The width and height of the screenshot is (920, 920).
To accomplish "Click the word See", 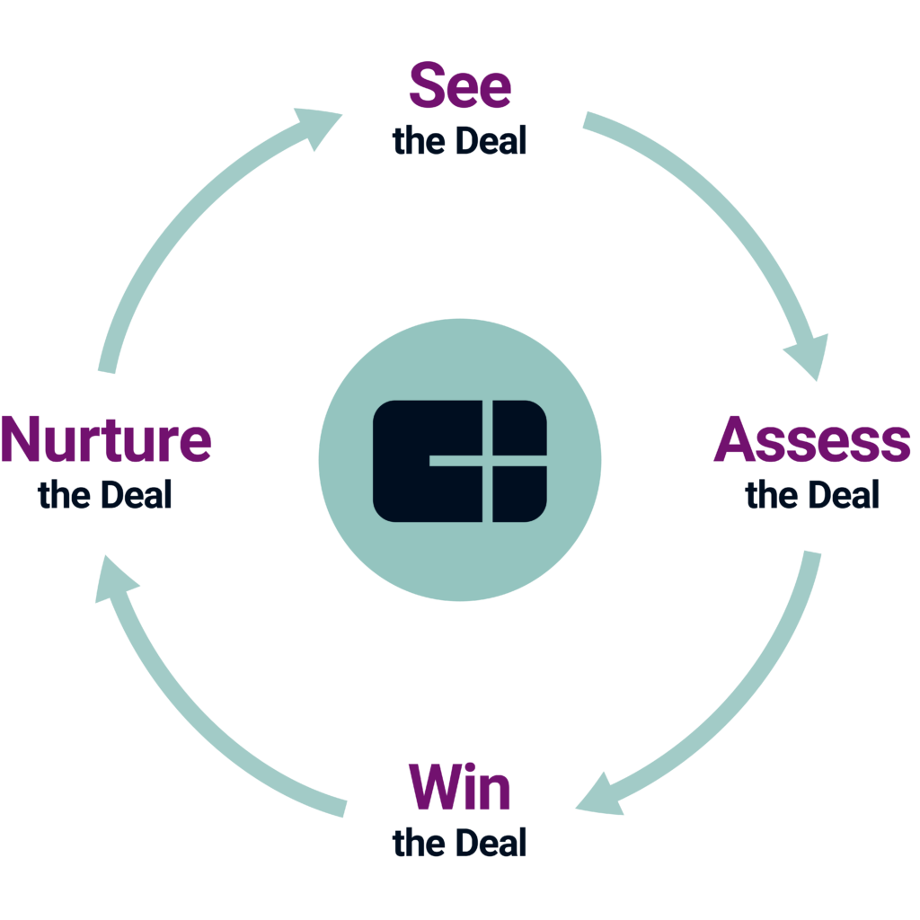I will point(460,86).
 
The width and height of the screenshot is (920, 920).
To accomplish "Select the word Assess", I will point(812,440).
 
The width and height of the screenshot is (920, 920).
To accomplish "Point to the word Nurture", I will point(106,440).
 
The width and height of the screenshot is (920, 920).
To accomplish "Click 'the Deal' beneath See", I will point(460,141).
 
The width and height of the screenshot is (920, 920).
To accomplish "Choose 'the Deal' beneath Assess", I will point(812,495).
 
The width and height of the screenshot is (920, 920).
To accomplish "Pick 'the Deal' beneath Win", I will point(460,843).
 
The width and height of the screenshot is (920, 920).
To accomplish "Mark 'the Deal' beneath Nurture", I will point(106,495).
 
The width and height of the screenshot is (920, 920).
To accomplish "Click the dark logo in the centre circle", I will point(460,461).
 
